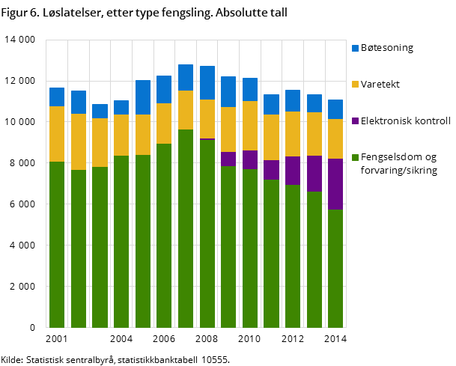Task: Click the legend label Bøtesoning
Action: point(387,48)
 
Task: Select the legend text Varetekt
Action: point(380,84)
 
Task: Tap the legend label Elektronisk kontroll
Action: point(405,121)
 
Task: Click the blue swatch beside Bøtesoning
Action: point(355,48)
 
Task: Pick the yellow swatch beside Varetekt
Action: point(355,84)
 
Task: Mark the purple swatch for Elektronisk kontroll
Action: point(355,121)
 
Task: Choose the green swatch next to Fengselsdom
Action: point(355,157)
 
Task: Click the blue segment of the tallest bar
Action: point(186,78)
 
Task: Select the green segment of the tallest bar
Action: point(186,228)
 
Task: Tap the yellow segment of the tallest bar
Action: point(186,110)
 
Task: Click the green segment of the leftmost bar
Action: point(57,244)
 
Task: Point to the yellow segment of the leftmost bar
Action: point(57,134)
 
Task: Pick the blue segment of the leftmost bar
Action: point(57,97)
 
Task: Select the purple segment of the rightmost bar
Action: point(335,184)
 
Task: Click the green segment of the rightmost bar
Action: point(335,268)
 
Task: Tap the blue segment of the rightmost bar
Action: point(335,109)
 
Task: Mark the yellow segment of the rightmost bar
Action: point(335,139)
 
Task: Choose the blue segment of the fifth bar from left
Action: point(143,97)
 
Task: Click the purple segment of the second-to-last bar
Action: point(314,174)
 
